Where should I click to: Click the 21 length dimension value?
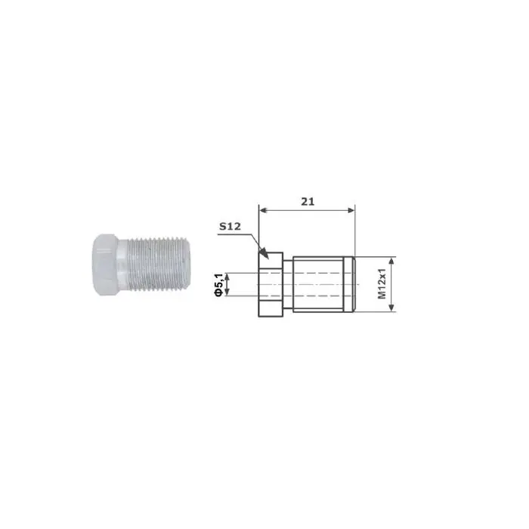(306, 201)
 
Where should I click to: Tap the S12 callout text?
(230, 226)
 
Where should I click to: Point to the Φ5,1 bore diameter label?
(218, 285)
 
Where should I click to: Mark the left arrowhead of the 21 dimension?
(262, 209)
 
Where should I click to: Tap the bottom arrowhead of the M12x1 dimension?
(392, 311)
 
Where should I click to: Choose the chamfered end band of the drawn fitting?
(351, 286)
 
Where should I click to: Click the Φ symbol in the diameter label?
(218, 293)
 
